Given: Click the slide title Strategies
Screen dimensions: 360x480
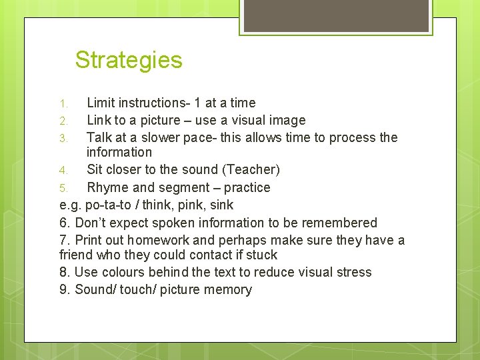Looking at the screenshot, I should click(x=129, y=60).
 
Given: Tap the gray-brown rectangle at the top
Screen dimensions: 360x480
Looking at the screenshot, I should click(x=335, y=15).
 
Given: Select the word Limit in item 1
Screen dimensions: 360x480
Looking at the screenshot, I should click(x=101, y=103).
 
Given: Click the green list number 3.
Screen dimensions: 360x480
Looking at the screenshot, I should click(x=63, y=138).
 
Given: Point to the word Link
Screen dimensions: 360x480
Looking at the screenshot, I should click(x=99, y=120).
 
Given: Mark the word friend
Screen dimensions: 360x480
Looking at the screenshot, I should click(x=77, y=255).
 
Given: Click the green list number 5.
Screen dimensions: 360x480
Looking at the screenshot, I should click(x=63, y=188).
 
